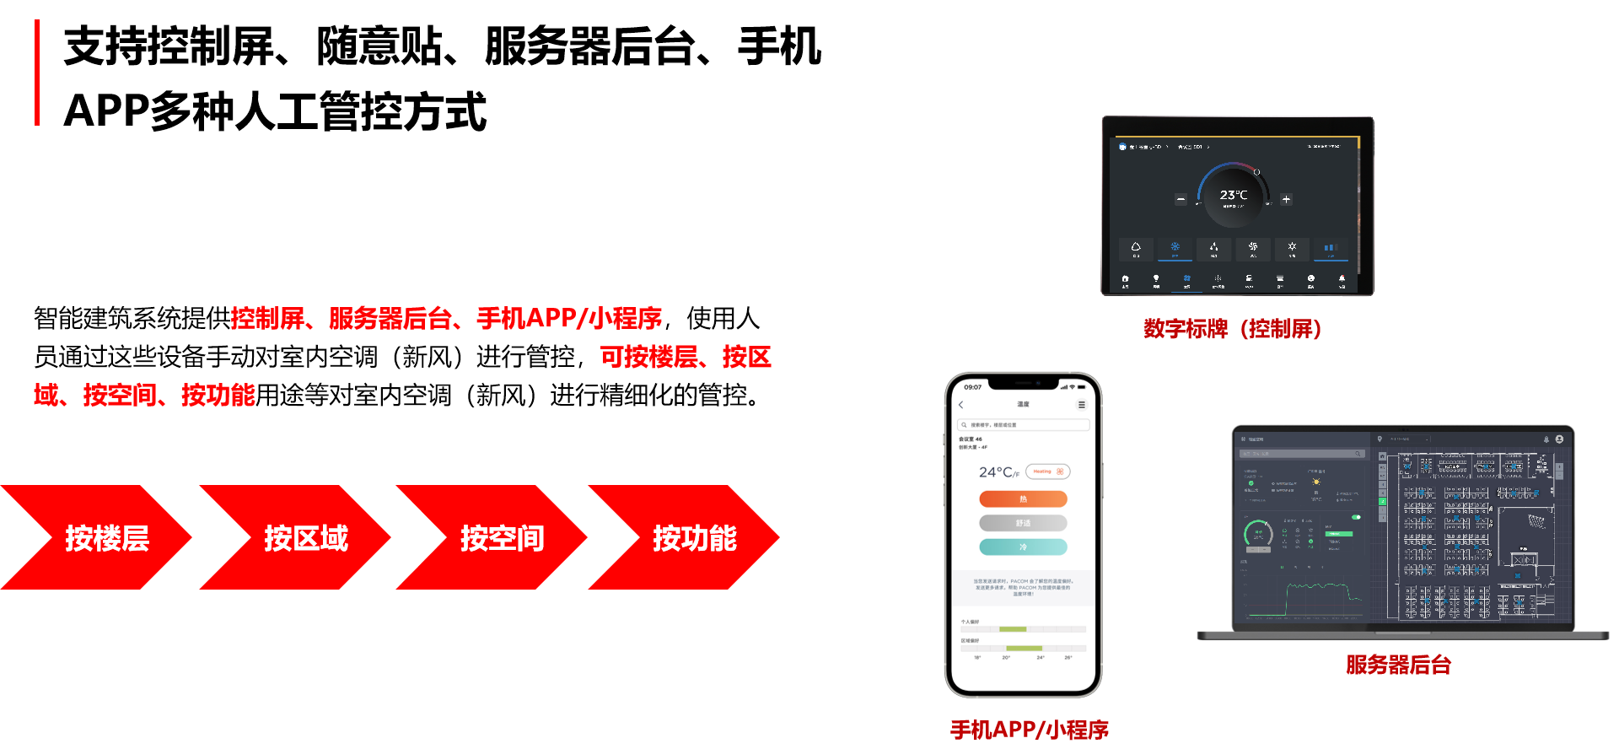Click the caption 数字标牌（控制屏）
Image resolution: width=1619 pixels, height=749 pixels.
[1232, 329]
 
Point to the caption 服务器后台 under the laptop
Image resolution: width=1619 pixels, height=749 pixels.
[1398, 665]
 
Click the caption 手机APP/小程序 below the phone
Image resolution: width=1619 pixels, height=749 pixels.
[1030, 730]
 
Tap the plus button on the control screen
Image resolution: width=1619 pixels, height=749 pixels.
[1286, 200]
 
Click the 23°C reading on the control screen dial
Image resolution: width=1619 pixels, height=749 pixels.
[1233, 195]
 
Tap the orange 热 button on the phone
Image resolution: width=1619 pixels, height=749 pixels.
[1023, 499]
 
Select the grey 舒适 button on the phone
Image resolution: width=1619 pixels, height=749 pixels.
[1023, 523]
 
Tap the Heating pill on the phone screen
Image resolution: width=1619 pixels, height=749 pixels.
[1047, 471]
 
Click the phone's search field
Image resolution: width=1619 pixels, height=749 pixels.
[1023, 425]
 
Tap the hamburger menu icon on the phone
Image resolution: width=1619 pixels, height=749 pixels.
[1082, 405]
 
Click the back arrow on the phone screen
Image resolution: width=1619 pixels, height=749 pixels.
[961, 405]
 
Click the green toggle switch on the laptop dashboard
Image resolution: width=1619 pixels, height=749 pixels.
[1356, 517]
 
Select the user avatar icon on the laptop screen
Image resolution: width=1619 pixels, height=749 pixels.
[1559, 439]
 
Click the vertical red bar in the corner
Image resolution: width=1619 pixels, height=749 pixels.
[37, 73]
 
